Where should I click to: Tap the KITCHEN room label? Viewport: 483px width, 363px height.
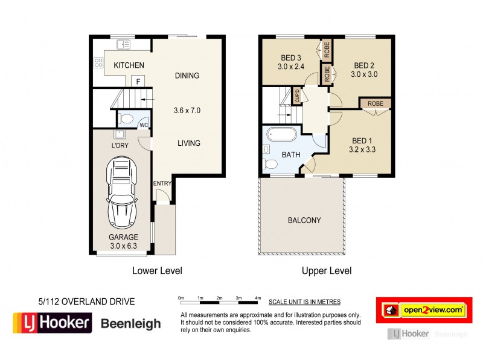[129, 65]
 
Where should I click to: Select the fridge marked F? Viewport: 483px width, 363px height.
[138, 82]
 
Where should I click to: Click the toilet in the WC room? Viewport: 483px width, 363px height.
[125, 118]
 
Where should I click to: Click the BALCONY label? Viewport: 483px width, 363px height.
[304, 220]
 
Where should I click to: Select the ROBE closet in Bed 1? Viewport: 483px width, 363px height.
[375, 103]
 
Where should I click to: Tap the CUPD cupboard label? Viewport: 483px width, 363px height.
[297, 96]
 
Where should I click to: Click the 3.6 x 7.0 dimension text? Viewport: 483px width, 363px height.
[187, 111]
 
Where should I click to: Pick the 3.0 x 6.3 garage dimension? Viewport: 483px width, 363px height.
[123, 246]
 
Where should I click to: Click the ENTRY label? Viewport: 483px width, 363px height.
[162, 184]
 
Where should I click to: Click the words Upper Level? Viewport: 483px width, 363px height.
[327, 271]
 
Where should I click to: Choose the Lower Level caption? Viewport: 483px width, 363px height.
[157, 271]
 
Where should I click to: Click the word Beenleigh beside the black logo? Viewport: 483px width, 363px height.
[130, 323]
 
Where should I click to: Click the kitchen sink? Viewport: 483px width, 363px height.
[123, 44]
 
